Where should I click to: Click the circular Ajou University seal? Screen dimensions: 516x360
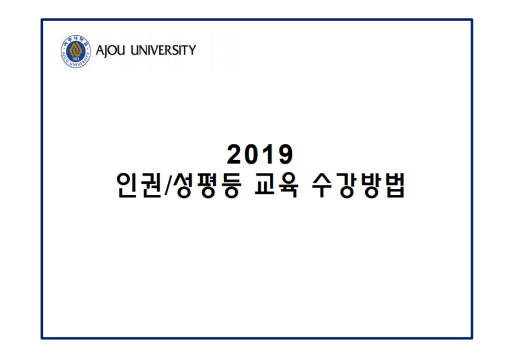tap(76, 52)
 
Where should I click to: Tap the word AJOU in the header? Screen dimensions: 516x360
tap(110, 50)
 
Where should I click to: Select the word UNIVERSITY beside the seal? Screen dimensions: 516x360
tap(163, 50)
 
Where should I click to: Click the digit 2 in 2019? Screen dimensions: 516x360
tap(235, 154)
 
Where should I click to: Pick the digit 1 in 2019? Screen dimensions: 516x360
tap(267, 154)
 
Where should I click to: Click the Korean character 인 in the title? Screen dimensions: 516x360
tap(127, 185)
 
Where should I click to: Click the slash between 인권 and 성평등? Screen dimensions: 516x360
tap(168, 185)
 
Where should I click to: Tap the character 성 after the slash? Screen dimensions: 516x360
tap(185, 185)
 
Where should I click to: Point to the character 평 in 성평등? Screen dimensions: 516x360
tap(208, 185)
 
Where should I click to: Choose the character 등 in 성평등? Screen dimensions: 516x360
tap(233, 185)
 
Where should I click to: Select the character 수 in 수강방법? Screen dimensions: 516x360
tap(322, 185)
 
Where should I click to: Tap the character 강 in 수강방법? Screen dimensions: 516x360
tap(347, 185)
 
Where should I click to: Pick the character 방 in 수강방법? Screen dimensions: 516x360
tap(371, 185)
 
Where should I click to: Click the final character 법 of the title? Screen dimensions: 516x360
tap(394, 185)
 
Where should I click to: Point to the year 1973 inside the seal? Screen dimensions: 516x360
tap(76, 59)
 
